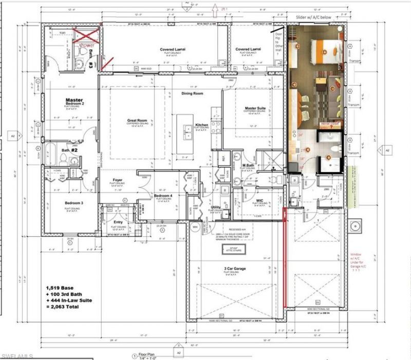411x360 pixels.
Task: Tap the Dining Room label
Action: [193, 94]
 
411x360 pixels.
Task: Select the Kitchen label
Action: [202, 125]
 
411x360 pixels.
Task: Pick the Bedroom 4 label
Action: [163, 196]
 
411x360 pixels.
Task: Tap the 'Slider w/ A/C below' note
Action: [316, 17]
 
